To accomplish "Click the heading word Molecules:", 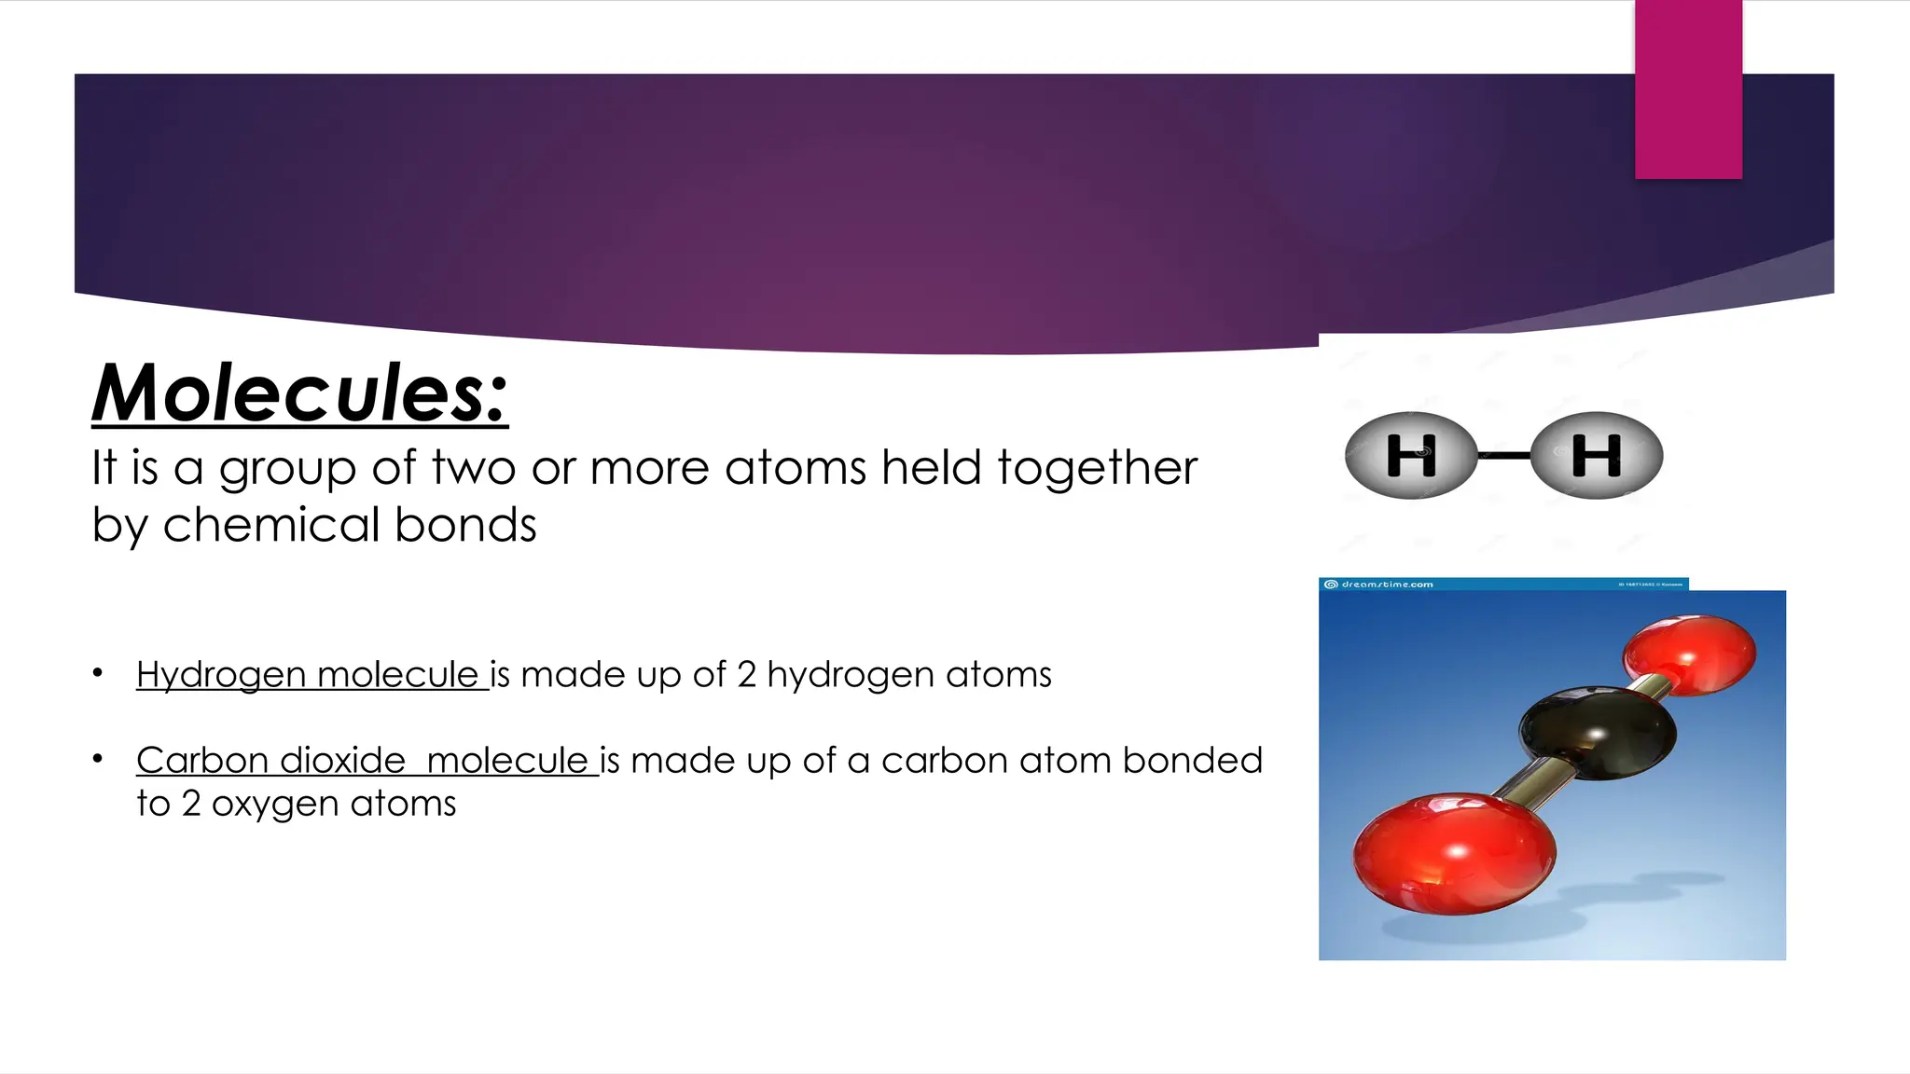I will click(300, 393).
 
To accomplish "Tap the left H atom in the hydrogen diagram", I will click(1411, 455).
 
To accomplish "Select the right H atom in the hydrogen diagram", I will click(1596, 455).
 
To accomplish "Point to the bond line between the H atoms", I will click(1503, 455).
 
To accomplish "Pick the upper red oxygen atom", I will click(1689, 654).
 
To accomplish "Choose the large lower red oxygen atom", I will click(1454, 852).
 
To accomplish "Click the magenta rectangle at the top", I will click(1688, 89).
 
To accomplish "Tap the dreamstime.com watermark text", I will click(1387, 585).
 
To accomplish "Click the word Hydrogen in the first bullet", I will click(221, 675).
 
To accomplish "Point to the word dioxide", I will click(342, 761).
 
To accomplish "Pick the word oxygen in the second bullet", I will click(275, 805).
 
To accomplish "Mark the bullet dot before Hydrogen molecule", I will click(98, 673).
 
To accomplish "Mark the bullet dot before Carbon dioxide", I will click(98, 759).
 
